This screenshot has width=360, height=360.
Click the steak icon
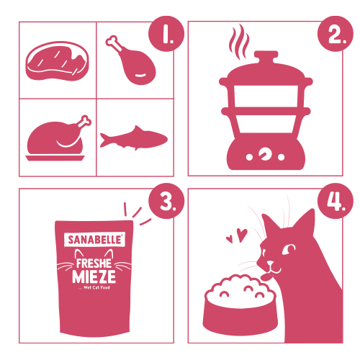[57, 61]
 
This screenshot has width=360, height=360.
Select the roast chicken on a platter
[58, 139]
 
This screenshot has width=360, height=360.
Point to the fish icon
[134, 138]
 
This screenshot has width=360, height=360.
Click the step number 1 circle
[166, 34]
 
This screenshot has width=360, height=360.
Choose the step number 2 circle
[336, 34]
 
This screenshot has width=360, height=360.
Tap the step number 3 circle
[166, 201]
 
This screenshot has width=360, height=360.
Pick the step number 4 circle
[336, 201]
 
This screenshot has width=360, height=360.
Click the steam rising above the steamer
[239, 42]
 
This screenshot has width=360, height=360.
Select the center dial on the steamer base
[265, 154]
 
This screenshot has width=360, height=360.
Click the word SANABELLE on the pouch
[94, 240]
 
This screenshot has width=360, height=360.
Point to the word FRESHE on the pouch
[94, 264]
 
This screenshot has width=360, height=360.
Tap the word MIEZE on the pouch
[94, 276]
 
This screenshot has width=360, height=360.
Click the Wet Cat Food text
[96, 287]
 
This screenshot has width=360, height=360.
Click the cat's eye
[289, 249]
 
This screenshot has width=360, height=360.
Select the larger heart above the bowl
[242, 235]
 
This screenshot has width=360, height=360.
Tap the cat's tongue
[266, 278]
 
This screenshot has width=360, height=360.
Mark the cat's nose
[270, 263]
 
